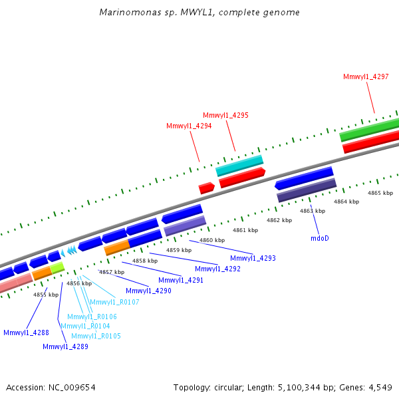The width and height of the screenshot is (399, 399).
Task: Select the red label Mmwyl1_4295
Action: point(225,115)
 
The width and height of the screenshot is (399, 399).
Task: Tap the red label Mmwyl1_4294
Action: point(189,126)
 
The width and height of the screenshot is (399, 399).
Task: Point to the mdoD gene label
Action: point(320,237)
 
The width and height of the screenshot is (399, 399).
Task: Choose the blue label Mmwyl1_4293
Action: point(253,258)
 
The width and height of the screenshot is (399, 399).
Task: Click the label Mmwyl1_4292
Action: point(217,269)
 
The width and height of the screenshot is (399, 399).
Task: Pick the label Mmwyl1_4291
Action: point(181,280)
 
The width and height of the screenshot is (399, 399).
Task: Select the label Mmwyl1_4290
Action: point(148,291)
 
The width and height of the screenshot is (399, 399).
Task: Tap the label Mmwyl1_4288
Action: point(26,332)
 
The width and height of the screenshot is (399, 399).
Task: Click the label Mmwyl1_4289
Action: point(65,346)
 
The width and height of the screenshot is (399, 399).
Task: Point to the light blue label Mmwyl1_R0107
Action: point(119,302)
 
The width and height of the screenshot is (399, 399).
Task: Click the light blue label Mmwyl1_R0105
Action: point(96,336)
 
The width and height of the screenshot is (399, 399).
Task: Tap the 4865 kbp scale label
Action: point(380,193)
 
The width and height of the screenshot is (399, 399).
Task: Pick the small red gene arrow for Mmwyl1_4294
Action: point(207,188)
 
